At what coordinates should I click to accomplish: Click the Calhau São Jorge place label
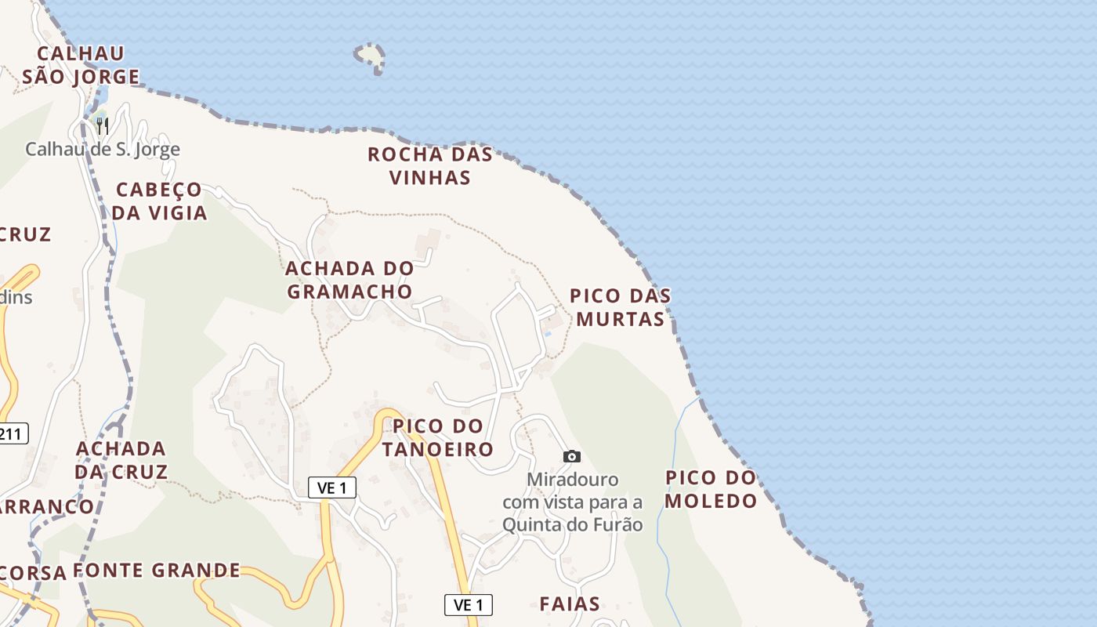coord(81,65)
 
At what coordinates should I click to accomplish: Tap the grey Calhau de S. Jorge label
coord(103,149)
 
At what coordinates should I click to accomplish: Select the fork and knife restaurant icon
coord(102,125)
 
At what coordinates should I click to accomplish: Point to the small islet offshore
coord(370,56)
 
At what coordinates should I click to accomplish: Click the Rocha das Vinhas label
coord(430,165)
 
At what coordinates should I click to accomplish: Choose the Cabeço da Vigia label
coord(159,201)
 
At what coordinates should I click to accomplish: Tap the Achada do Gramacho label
coord(349,280)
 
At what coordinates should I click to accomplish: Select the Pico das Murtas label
coord(620,307)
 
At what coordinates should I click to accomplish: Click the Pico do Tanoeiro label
coord(438,437)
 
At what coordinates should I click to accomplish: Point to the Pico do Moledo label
coord(711,489)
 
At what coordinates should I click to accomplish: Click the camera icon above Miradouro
coord(572,456)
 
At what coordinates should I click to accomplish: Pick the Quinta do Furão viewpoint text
coord(573,502)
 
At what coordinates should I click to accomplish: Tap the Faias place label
coord(570,603)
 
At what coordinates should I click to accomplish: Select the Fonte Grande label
coord(157,570)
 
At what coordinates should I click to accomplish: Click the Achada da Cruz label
coord(121,460)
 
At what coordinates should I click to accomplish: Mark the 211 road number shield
coord(13,433)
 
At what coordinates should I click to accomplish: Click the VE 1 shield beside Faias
coord(469,605)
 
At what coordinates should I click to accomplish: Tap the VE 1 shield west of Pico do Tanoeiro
coord(332,487)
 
